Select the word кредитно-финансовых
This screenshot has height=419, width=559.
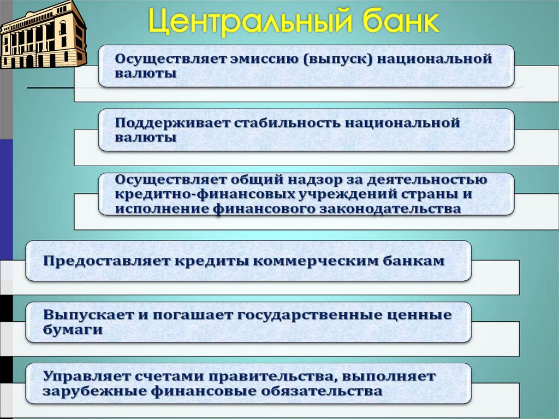[203, 194]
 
